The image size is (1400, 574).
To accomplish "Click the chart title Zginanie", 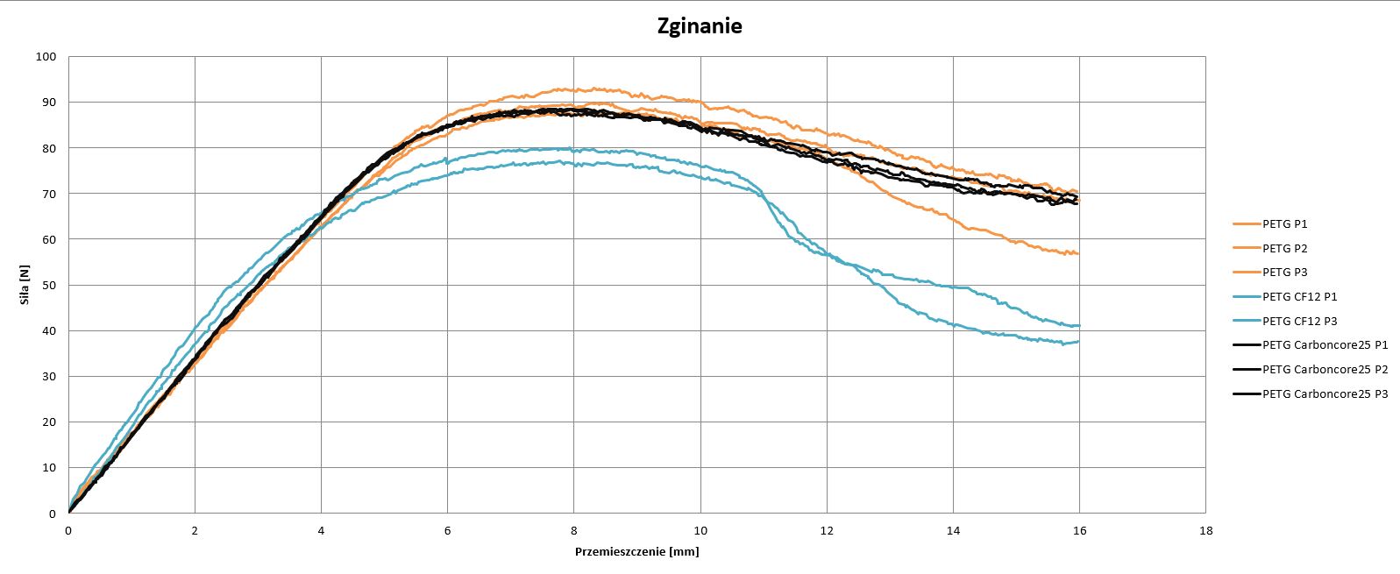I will [x=700, y=26].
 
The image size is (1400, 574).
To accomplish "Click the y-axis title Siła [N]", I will [x=25, y=286].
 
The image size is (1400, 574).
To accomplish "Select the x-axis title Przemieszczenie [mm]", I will [x=636, y=552].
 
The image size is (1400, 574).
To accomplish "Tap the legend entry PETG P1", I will [x=1285, y=224].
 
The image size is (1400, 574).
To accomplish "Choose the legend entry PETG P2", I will [x=1285, y=249].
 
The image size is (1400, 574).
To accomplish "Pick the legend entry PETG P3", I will [x=1285, y=273].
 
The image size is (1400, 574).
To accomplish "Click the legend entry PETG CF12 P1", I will [x=1300, y=297].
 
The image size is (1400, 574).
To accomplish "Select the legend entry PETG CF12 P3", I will [x=1300, y=322].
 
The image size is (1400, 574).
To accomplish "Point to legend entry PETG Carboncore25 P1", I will [x=1325, y=345].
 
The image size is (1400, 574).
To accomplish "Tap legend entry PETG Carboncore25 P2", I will [x=1325, y=370].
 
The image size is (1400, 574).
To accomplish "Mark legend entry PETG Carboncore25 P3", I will [x=1325, y=394].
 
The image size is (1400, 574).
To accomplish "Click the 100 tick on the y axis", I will [x=46, y=57].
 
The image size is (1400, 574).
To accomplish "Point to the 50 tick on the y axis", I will [x=49, y=285].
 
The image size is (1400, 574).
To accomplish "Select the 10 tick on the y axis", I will [x=49, y=468].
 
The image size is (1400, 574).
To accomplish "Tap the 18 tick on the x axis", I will [x=1205, y=530].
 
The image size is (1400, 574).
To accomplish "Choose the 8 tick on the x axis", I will [x=574, y=530].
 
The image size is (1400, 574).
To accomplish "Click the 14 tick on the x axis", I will [x=953, y=530].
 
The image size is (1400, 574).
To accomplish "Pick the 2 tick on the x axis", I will [x=195, y=530].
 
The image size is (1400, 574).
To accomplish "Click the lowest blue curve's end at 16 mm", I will [x=1078, y=342].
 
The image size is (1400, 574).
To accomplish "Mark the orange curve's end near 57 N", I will [x=1078, y=253].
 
